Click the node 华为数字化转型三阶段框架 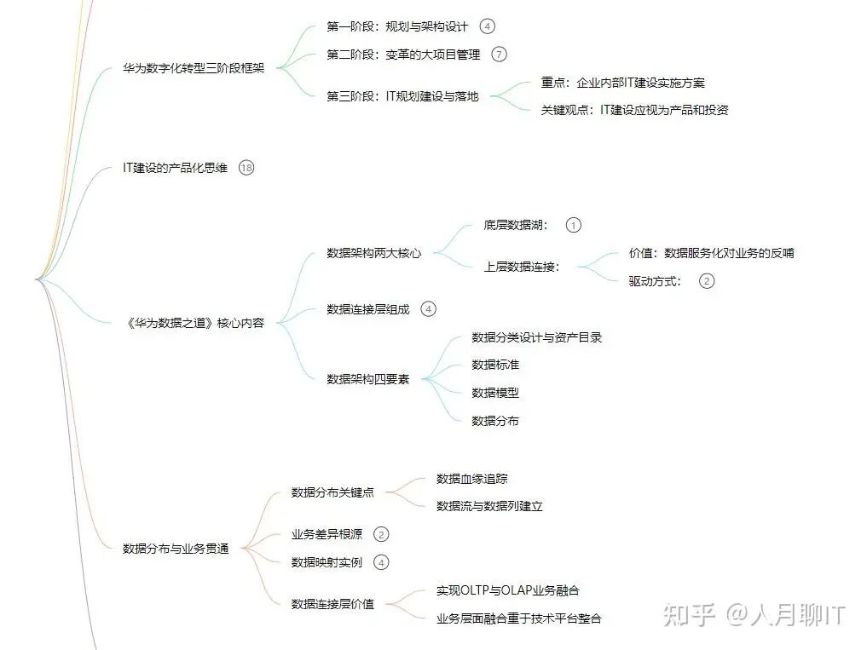(194, 68)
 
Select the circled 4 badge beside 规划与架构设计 (487, 26)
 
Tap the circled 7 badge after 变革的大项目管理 (499, 55)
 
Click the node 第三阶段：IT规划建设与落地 (402, 96)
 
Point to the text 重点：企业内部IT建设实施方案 (622, 83)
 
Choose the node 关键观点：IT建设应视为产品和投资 (634, 110)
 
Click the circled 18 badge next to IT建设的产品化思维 (246, 168)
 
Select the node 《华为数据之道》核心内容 (194, 323)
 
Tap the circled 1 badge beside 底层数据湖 (573, 225)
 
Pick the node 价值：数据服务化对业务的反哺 (711, 253)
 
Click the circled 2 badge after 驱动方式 (706, 281)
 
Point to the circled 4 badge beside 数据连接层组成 (428, 309)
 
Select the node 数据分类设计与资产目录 (537, 337)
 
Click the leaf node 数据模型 (495, 393)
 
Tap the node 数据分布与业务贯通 (176, 548)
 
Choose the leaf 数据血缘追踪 (471, 479)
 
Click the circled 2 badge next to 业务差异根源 (381, 534)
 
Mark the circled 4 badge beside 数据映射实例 (381, 562)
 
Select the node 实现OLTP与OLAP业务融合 (508, 590)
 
